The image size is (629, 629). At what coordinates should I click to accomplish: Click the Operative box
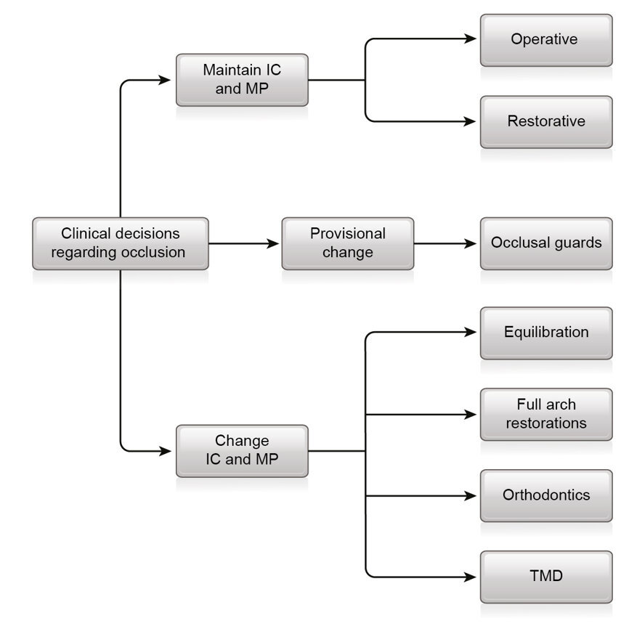(x=545, y=40)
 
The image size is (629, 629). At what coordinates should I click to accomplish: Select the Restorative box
(x=545, y=121)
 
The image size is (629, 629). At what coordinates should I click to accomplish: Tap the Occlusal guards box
(x=545, y=243)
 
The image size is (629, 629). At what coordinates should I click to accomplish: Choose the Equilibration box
(x=545, y=333)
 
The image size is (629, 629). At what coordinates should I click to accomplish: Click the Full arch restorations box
(x=545, y=414)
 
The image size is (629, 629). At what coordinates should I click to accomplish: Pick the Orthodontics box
(x=545, y=495)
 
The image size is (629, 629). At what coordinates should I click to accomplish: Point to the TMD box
(x=545, y=577)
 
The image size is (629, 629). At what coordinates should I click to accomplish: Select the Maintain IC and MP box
(x=242, y=80)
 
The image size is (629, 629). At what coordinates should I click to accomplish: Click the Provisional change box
(x=347, y=243)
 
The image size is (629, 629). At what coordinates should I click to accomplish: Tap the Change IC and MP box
(x=242, y=450)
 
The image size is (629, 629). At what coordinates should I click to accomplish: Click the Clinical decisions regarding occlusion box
(x=120, y=243)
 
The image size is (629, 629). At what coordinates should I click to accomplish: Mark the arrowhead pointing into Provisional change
(x=275, y=243)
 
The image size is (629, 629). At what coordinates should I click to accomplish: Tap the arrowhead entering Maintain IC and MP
(x=169, y=80)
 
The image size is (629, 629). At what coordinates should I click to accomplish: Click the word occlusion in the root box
(x=157, y=253)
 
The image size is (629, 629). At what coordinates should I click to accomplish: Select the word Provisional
(x=347, y=234)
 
